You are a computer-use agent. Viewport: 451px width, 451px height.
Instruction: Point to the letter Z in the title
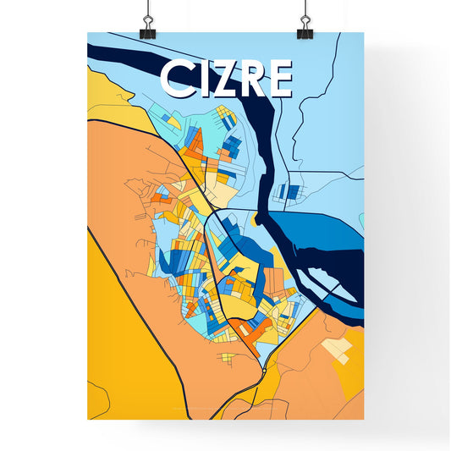click(224, 80)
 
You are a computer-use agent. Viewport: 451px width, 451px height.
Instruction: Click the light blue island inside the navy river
click(325, 283)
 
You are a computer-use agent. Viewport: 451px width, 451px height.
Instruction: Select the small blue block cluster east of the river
click(289, 192)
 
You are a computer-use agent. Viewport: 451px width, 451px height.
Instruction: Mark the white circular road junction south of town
click(264, 371)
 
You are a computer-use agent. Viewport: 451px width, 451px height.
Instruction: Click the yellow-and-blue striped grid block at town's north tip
click(227, 120)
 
